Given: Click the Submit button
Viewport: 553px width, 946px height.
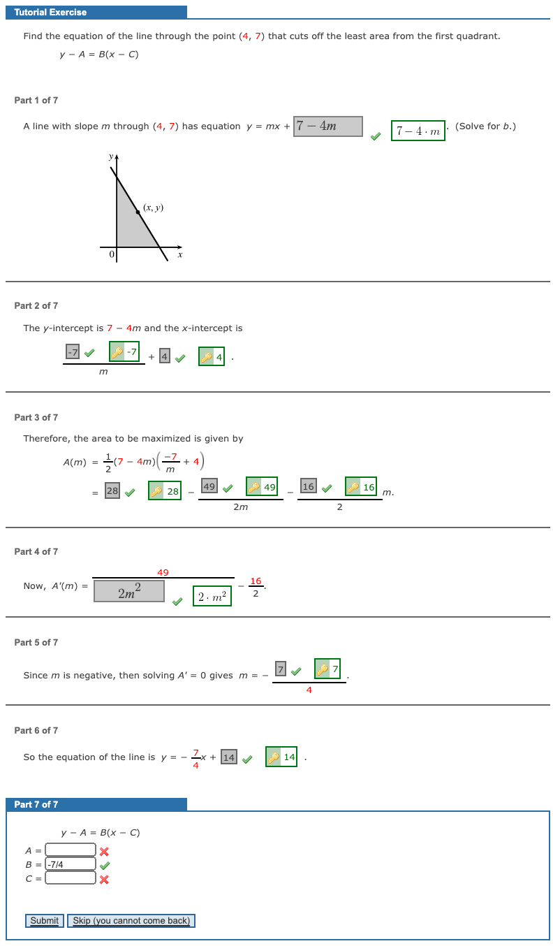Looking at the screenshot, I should click(x=45, y=921).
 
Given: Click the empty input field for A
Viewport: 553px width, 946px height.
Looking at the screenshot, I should click(x=71, y=850).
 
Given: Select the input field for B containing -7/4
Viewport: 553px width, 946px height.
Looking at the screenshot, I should click(x=71, y=864).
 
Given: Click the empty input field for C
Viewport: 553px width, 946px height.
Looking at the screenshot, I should click(x=71, y=878).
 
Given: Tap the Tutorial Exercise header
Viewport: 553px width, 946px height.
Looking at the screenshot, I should click(x=50, y=13).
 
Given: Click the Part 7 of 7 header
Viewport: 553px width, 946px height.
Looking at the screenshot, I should click(x=36, y=805).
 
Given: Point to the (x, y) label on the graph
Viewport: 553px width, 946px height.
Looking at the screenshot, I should click(x=153, y=208).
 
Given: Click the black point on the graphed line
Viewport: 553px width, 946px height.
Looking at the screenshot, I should click(x=138, y=212).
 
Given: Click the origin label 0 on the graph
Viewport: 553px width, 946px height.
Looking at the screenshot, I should click(x=111, y=256).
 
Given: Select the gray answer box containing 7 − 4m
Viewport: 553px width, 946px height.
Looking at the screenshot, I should click(x=328, y=126).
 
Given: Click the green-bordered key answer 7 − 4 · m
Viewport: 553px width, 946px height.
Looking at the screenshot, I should click(x=418, y=131).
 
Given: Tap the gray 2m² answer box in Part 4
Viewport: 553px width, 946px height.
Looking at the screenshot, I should click(x=129, y=592).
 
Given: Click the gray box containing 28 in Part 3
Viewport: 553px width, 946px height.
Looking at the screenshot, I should click(x=112, y=491).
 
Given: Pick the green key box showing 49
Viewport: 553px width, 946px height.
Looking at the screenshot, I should click(x=262, y=486).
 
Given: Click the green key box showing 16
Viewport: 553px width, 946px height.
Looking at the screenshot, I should click(x=361, y=486).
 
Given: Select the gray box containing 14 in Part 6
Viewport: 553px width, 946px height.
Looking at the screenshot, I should click(x=228, y=757).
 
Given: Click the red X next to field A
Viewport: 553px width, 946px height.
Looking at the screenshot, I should click(x=104, y=851).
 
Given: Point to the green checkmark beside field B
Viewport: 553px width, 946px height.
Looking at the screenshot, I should click(x=104, y=865).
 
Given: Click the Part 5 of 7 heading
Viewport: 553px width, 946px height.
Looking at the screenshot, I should click(x=36, y=643).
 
